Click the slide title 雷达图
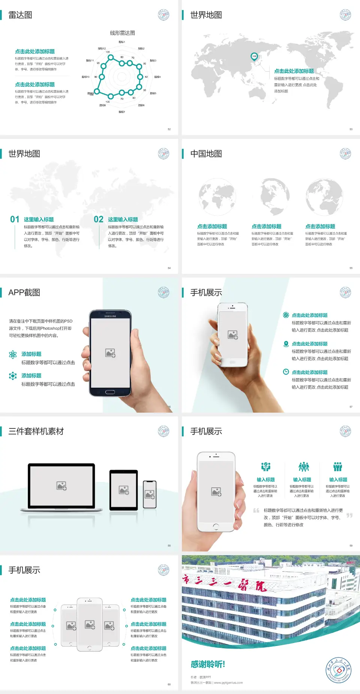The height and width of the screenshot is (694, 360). [x=20, y=15]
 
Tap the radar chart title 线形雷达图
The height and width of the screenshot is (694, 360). [x=122, y=33]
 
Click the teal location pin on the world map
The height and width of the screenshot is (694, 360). [x=254, y=57]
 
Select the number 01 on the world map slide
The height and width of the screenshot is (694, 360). [x=15, y=219]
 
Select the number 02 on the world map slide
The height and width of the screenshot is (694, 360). [x=99, y=219]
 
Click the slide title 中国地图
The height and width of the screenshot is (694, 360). [x=206, y=154]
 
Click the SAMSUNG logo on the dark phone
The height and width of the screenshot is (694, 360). [x=110, y=316]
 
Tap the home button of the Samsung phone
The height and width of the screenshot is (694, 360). [x=110, y=392]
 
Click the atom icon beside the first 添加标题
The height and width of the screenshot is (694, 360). [x=13, y=355]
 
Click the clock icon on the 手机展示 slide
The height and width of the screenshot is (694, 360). [x=286, y=372]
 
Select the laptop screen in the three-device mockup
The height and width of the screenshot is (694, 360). [x=61, y=486]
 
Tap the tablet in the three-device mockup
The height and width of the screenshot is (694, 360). [x=124, y=490]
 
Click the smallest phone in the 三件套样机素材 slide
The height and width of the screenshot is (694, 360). [x=150, y=494]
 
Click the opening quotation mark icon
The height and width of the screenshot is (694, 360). [x=256, y=510]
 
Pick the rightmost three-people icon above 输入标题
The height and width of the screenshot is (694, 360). [x=338, y=467]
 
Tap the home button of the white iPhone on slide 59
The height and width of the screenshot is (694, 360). [x=216, y=526]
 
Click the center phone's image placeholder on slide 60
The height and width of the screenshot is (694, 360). [x=90, y=625]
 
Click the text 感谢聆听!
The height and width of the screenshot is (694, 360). [x=208, y=664]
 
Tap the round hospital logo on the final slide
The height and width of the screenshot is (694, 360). [x=339, y=670]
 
